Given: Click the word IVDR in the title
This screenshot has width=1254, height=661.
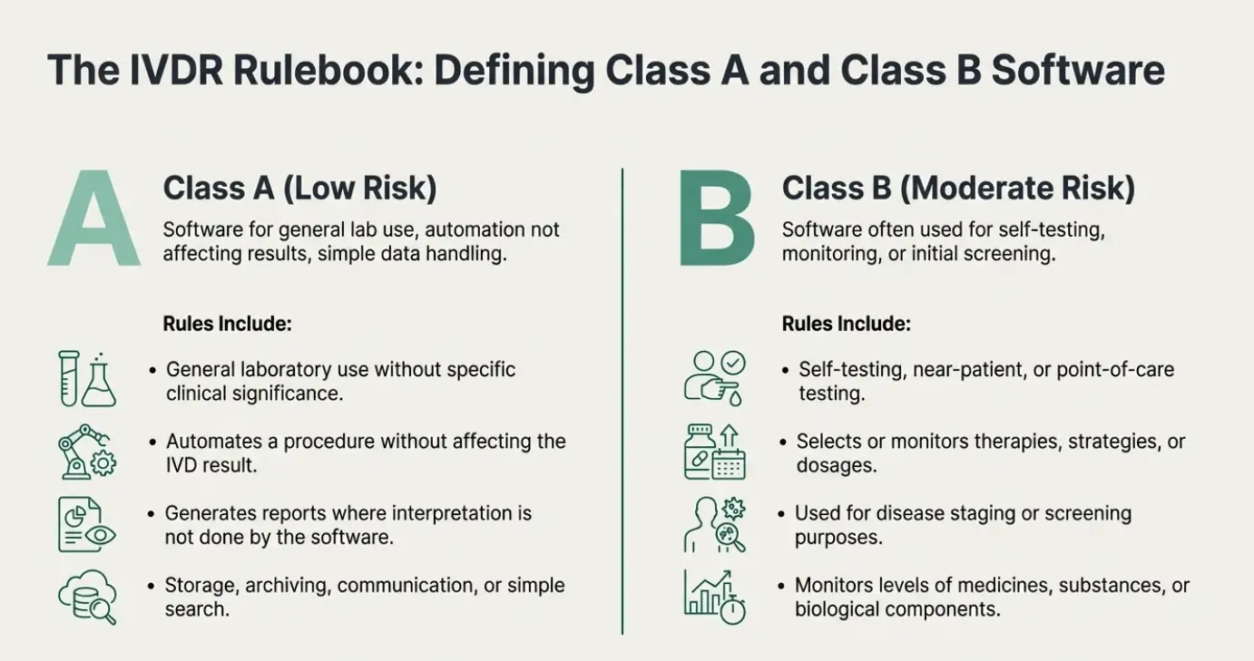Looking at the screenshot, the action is tap(176, 71).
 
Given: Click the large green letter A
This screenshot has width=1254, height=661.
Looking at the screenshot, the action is tap(94, 219).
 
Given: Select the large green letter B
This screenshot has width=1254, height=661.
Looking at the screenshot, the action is tap(717, 219).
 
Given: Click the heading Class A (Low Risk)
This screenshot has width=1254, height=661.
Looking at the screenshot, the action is tap(299, 188).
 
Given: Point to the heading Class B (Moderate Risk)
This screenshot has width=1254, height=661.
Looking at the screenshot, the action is tap(958, 188).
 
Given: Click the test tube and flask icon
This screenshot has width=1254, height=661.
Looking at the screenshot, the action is tap(87, 379).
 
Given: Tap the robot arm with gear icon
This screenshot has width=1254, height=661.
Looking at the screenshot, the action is tap(87, 452).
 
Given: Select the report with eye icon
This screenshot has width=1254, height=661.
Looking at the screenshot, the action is tap(87, 525).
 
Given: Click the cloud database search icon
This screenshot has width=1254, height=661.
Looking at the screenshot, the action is tap(87, 597).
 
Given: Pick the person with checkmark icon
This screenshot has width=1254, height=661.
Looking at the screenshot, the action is tap(715, 379).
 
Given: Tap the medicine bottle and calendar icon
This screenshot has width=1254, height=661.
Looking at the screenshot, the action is tap(715, 452).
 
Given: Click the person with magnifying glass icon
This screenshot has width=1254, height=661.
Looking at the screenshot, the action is tap(715, 525).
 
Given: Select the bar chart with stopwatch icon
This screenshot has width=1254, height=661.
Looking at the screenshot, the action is tap(715, 597).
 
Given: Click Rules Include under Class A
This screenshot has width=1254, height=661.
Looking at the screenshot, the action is tap(227, 324).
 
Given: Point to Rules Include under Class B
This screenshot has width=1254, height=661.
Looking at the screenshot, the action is tap(847, 324).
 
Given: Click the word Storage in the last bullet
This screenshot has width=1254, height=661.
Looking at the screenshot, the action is tap(202, 586).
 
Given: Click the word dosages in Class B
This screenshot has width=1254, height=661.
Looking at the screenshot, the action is tap(837, 466).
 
